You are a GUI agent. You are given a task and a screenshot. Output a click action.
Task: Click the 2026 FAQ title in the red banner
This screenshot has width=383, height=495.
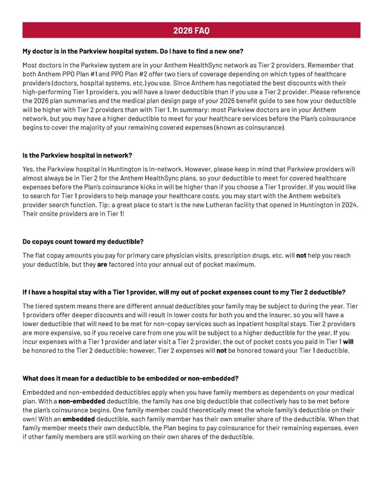tap(191, 31)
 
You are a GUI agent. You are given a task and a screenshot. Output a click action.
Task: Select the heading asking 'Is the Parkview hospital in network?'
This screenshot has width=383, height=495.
tap(77, 156)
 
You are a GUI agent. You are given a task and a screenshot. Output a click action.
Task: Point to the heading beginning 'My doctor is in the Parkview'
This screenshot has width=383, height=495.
tap(133, 51)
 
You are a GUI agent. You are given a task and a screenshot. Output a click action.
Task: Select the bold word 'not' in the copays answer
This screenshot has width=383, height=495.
tap(302, 256)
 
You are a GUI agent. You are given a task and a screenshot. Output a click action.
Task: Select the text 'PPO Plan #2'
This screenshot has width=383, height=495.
tap(114, 74)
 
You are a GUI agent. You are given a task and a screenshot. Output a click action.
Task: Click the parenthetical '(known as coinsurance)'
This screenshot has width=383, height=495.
tap(250, 128)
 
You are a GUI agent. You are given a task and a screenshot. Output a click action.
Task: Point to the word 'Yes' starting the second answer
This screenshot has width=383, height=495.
tap(29, 169)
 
